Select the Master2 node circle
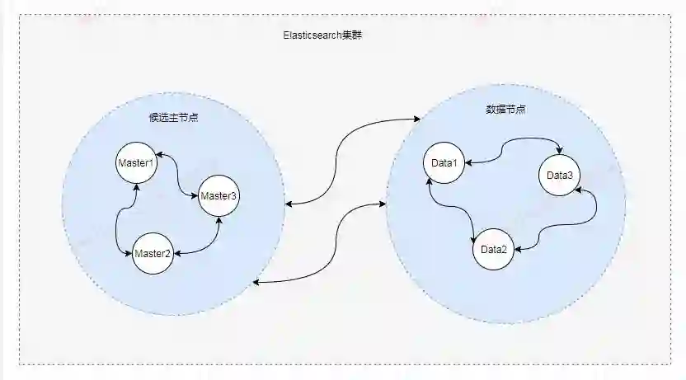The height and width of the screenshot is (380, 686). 153,253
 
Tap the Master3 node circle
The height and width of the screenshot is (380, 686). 218,196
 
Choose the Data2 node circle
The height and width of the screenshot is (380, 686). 493,249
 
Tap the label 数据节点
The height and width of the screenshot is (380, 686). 504,110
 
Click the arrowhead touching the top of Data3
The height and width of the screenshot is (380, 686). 561,151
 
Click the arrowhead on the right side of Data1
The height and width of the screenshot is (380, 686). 469,163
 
